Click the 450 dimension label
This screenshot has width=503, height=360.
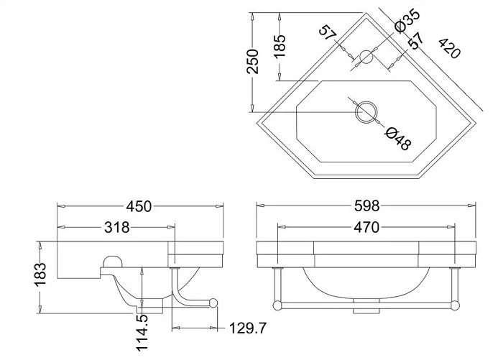pos(139,206)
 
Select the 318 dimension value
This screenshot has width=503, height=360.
pos(116,228)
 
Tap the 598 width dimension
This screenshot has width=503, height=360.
pos(366,206)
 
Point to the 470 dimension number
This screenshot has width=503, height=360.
pos(366,228)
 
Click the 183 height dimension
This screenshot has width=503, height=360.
pos(41,274)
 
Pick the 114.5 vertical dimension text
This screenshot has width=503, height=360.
pos(142,333)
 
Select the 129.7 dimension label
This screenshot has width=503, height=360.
pos(248,328)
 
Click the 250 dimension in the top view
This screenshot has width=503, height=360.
pos(252,61)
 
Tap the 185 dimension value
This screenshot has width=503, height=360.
pos(280,46)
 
